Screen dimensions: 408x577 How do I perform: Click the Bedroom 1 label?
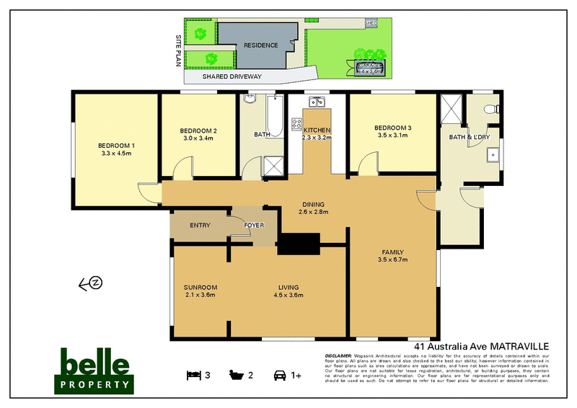118,146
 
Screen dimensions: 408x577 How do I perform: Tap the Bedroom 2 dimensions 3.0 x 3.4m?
198,138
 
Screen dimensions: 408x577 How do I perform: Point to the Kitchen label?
316,130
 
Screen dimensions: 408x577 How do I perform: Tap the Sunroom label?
201,288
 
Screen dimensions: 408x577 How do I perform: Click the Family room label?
394,252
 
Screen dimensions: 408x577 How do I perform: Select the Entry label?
200,226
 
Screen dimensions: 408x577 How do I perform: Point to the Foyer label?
254,226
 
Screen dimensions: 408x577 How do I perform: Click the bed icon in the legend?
193,375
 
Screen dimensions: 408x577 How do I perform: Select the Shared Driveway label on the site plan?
232,76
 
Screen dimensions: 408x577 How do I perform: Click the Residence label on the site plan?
260,45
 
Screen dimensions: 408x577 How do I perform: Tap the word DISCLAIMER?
339,355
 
